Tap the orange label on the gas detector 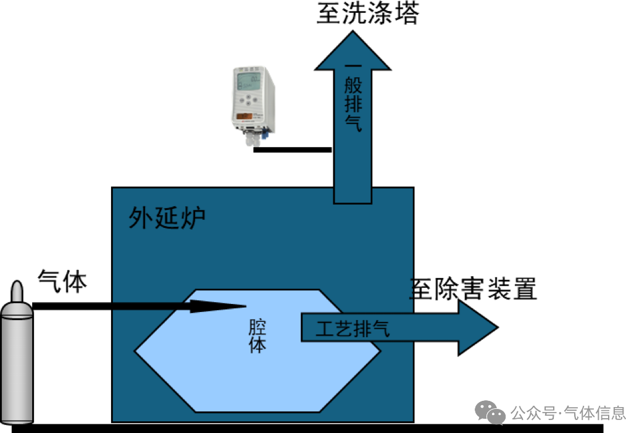[244, 116]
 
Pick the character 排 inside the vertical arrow [353, 103]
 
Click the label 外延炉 [167, 217]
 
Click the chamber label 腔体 [257, 335]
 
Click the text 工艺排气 [353, 328]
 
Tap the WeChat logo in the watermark [490, 412]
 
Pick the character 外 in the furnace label [140, 217]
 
